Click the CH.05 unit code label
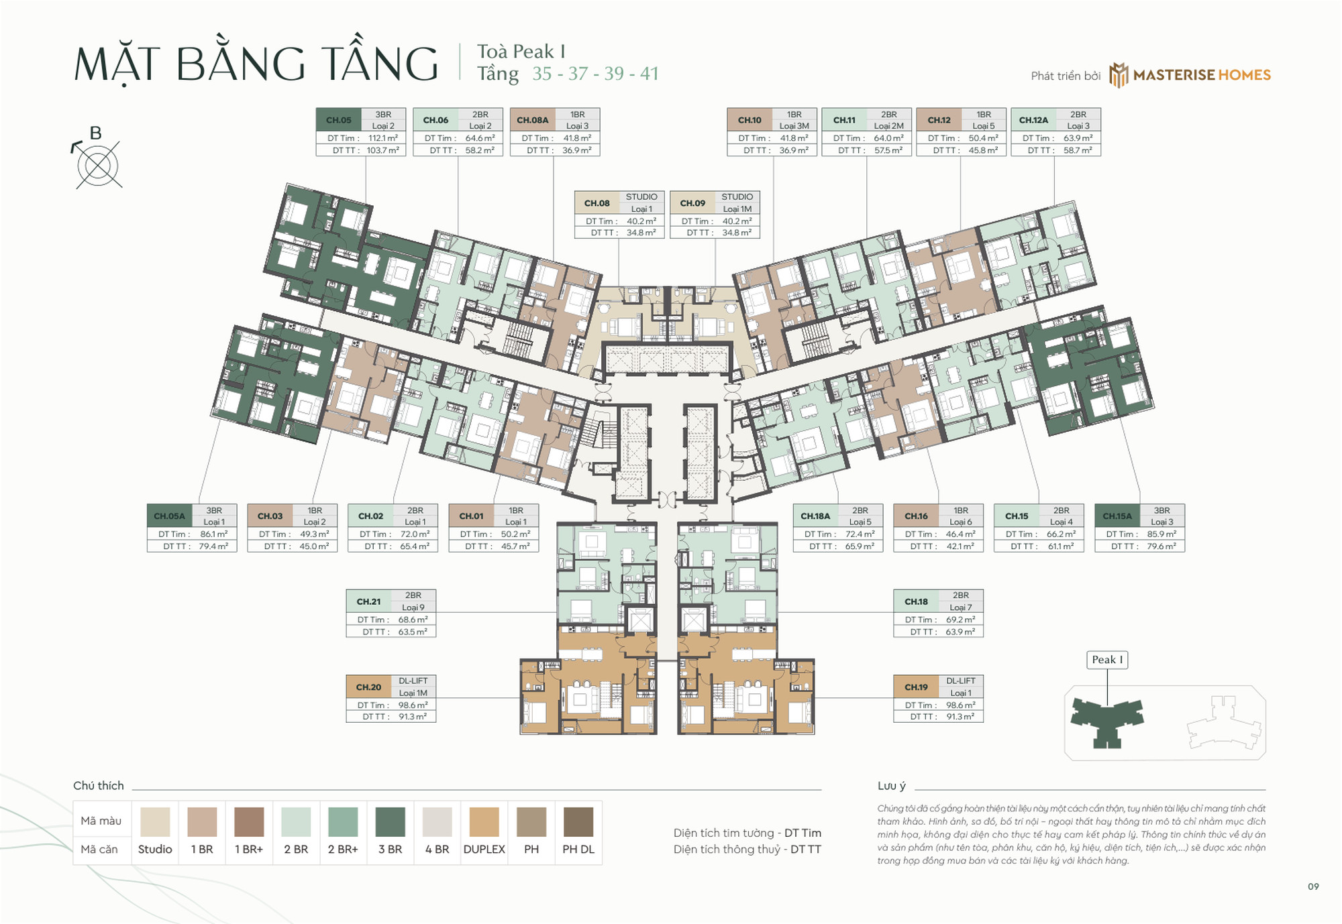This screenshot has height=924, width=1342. (338, 120)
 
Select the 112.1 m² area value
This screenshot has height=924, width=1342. (382, 138)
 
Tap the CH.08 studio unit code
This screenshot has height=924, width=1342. (597, 203)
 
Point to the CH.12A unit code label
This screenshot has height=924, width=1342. (1033, 120)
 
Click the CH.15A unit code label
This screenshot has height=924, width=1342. (1117, 516)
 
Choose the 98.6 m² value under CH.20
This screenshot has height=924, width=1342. (413, 705)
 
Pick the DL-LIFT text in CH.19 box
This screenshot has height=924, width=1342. (960, 681)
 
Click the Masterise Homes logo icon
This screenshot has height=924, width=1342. (1118, 75)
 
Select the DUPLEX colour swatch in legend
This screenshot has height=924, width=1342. (484, 821)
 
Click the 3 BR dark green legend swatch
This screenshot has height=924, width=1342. (390, 821)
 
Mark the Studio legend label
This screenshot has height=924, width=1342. (155, 849)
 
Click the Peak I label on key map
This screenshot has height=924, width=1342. (1106, 660)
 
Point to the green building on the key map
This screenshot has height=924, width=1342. (1106, 721)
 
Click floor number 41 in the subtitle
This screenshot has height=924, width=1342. (649, 74)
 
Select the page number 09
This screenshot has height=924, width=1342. (1313, 886)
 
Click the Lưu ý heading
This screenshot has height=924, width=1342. (891, 786)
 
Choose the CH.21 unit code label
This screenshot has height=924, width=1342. (368, 601)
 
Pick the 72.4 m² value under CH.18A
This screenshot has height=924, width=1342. (860, 534)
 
